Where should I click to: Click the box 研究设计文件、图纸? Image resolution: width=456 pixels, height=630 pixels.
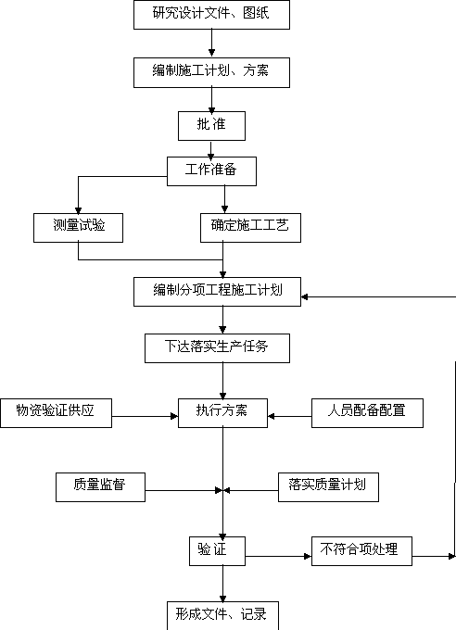point(211,15)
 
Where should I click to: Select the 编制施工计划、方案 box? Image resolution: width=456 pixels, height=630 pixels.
point(211,72)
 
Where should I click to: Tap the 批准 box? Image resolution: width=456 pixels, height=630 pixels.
point(211,126)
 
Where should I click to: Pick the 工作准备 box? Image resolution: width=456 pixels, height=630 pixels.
point(211,171)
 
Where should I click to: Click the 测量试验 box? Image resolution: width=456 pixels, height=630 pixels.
point(78,228)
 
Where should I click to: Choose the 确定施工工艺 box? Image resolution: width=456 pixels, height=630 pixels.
point(250,228)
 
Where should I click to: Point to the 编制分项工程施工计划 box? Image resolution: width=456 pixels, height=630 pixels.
point(217,292)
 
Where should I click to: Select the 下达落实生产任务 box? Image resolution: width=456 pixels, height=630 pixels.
point(217,348)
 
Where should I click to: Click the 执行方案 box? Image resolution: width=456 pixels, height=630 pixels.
point(222,413)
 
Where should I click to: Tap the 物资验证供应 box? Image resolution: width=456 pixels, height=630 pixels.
point(56,413)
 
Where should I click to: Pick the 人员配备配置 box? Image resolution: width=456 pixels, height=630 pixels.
point(367,413)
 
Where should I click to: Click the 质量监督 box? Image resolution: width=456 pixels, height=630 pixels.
point(100,487)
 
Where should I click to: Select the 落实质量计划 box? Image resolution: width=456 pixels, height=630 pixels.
point(328,487)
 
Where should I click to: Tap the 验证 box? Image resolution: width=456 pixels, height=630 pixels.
point(217,551)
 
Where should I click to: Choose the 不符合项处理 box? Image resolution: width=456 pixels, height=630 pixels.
point(361,551)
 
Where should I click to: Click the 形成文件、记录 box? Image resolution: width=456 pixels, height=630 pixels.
point(222,615)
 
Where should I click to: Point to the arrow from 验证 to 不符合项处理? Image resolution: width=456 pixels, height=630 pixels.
point(278,557)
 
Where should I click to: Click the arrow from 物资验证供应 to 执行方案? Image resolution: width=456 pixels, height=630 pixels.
point(146,416)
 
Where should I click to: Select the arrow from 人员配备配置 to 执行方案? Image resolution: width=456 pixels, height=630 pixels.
point(289,416)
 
